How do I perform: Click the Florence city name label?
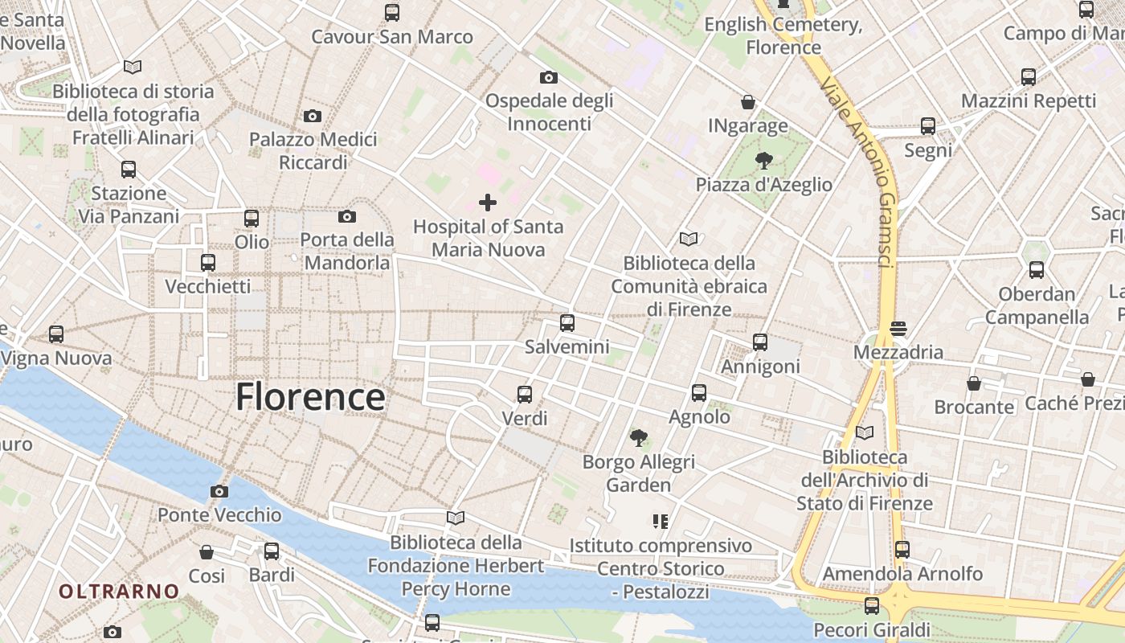pyautogui.click(x=310, y=398)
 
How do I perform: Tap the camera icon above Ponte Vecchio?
pyautogui.click(x=219, y=491)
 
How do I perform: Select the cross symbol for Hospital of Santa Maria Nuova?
pyautogui.click(x=488, y=203)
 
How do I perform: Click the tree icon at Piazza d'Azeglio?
pyautogui.click(x=763, y=161)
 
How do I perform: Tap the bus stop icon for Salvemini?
pyautogui.click(x=567, y=323)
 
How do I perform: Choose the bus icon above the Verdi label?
pyautogui.click(x=525, y=395)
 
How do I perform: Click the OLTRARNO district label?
pyautogui.click(x=119, y=592)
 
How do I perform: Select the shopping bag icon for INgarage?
pyautogui.click(x=748, y=102)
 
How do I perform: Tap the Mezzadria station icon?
pyautogui.click(x=898, y=328)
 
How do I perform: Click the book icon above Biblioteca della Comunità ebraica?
pyautogui.click(x=689, y=239)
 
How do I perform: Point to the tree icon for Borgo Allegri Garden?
pyautogui.click(x=639, y=438)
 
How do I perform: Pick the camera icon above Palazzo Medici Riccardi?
pyautogui.click(x=313, y=116)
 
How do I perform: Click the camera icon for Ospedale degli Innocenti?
pyautogui.click(x=549, y=77)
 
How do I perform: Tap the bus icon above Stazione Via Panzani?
pyautogui.click(x=129, y=170)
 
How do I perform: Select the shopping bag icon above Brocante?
pyautogui.click(x=974, y=383)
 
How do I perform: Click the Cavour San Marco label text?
pyautogui.click(x=392, y=37)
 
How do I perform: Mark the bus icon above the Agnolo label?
pyautogui.click(x=699, y=393)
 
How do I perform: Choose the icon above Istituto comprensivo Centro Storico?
pyautogui.click(x=661, y=522)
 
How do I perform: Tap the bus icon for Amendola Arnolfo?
pyautogui.click(x=902, y=550)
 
